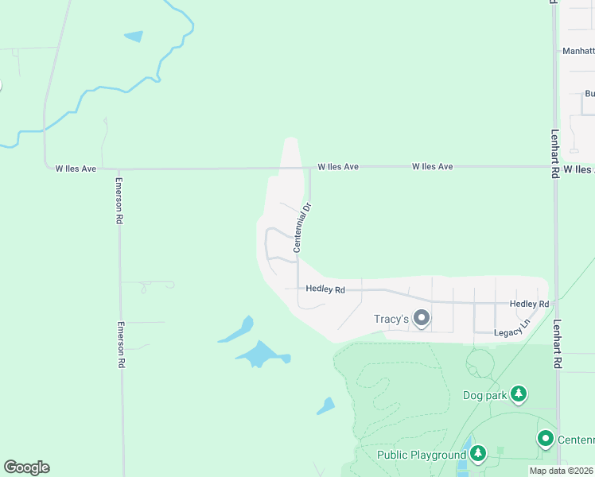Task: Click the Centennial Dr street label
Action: click(301, 227)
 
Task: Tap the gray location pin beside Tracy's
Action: click(422, 319)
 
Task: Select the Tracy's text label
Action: click(391, 320)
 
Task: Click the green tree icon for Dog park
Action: click(519, 394)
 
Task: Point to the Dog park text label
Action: click(484, 395)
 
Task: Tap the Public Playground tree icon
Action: click(477, 454)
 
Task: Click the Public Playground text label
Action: click(421, 455)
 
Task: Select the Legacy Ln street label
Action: click(511, 332)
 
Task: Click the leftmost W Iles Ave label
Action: click(76, 169)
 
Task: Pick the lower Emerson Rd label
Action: click(122, 344)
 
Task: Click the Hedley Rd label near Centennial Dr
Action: click(325, 290)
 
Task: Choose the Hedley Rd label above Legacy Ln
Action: click(529, 304)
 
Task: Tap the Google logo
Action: click(26, 467)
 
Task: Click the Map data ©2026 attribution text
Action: click(561, 471)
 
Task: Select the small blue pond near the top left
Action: click(134, 36)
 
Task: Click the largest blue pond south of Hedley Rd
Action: click(261, 353)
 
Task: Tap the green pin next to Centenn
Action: click(545, 438)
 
